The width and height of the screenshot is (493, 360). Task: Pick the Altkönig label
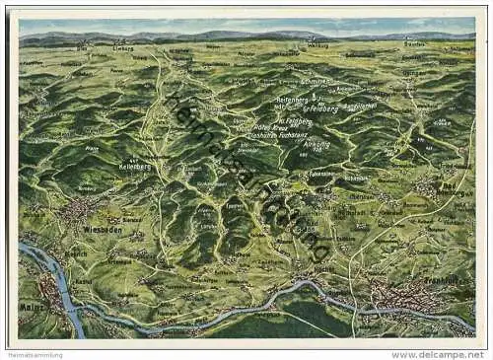pyautogui.click(x=317, y=143)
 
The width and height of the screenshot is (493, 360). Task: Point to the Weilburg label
pyautogui.click(x=317, y=45)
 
